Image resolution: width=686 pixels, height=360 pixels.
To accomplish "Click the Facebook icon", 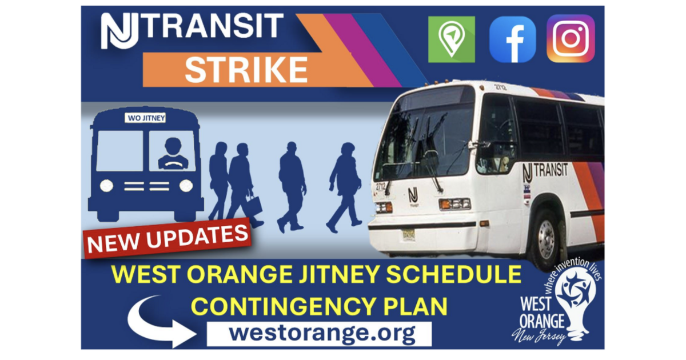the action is pyautogui.click(x=513, y=39).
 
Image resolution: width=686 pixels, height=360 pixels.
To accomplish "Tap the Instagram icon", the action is pyautogui.click(x=571, y=39).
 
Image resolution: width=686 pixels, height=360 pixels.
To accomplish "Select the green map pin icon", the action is pyautogui.click(x=452, y=39).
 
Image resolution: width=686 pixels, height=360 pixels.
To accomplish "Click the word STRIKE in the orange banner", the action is pyautogui.click(x=246, y=70).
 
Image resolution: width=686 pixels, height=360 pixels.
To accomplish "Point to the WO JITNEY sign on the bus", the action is pyautogui.click(x=145, y=118).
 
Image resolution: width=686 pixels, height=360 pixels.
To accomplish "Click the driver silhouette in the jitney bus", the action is pyautogui.click(x=173, y=154).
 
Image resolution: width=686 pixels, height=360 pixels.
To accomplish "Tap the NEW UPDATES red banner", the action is pyautogui.click(x=167, y=238).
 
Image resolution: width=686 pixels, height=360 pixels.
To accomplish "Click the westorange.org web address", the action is pyautogui.click(x=322, y=333).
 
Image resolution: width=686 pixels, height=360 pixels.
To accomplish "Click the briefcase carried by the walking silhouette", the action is pyautogui.click(x=254, y=205).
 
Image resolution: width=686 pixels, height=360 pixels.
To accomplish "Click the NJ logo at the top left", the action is pyautogui.click(x=119, y=31).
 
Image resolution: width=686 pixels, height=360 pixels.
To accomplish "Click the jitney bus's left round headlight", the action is pyautogui.click(x=106, y=186).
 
